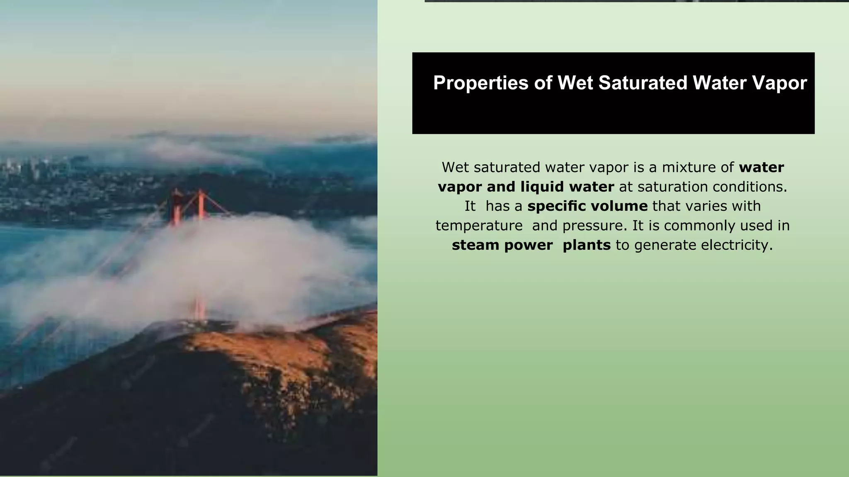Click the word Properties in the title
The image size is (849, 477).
[480, 83]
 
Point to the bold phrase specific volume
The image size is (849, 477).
[587, 206]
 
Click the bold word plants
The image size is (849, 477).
[586, 245]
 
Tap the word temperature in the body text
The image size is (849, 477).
[479, 226]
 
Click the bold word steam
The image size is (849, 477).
[475, 245]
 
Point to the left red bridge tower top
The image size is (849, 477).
[177, 195]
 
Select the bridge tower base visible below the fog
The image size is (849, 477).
[199, 309]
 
